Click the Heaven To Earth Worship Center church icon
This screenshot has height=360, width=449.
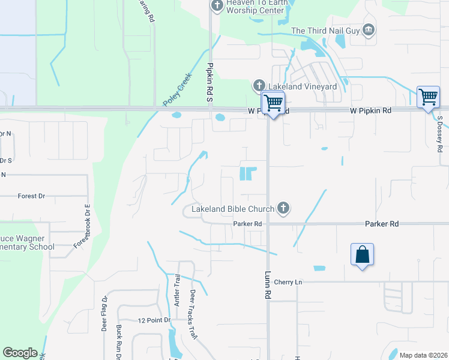pyautogui.click(x=217, y=6)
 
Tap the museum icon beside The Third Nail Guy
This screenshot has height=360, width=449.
pyautogui.click(x=369, y=30)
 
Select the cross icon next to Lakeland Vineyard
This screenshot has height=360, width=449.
pyautogui.click(x=259, y=86)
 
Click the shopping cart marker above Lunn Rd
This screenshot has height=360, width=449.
pyautogui.click(x=273, y=103)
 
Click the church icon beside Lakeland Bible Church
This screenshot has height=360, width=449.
pyautogui.click(x=283, y=209)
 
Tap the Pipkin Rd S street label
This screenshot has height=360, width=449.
pyautogui.click(x=211, y=82)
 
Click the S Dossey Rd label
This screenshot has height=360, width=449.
pyautogui.click(x=440, y=133)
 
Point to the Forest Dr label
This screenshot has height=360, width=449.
pyautogui.click(x=32, y=196)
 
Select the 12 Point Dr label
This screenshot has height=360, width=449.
pyautogui.click(x=154, y=321)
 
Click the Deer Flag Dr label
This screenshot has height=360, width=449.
pyautogui.click(x=104, y=313)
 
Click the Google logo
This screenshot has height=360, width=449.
pyautogui.click(x=20, y=353)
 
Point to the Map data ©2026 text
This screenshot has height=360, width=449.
pyautogui.click(x=423, y=355)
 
